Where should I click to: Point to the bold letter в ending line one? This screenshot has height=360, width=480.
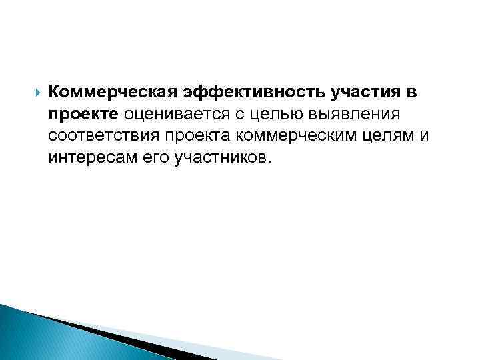(x=410, y=91)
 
